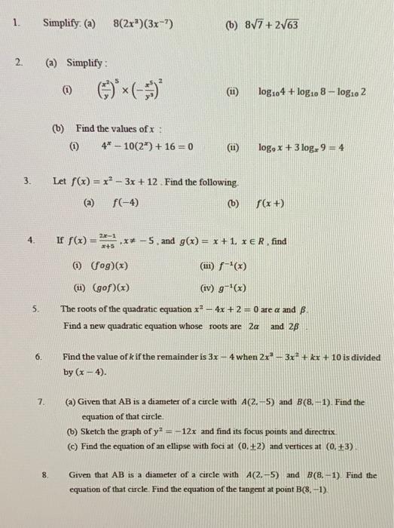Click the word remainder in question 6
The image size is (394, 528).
[x=177, y=358]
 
